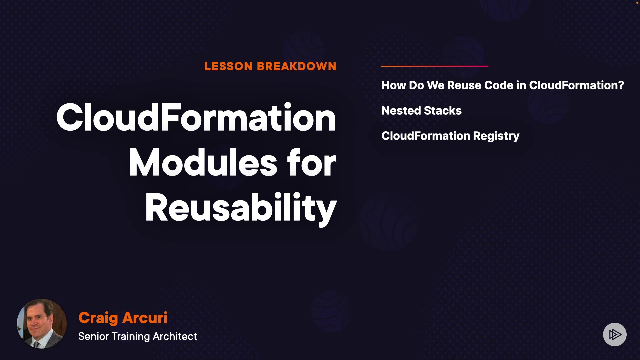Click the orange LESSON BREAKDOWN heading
click(x=270, y=66)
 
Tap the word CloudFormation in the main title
click(x=196, y=117)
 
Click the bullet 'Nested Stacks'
click(x=421, y=110)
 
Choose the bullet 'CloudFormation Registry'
click(x=450, y=136)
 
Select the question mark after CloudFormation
click(x=621, y=85)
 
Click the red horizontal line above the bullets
click(x=435, y=66)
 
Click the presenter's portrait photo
click(x=42, y=324)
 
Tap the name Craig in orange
click(x=98, y=318)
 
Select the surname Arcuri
click(x=145, y=318)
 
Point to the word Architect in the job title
click(x=175, y=336)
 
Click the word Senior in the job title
click(x=94, y=336)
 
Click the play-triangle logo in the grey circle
click(x=615, y=334)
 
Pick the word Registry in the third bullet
click(x=496, y=136)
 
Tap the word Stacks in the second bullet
click(x=443, y=110)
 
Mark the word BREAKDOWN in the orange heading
click(x=296, y=66)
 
